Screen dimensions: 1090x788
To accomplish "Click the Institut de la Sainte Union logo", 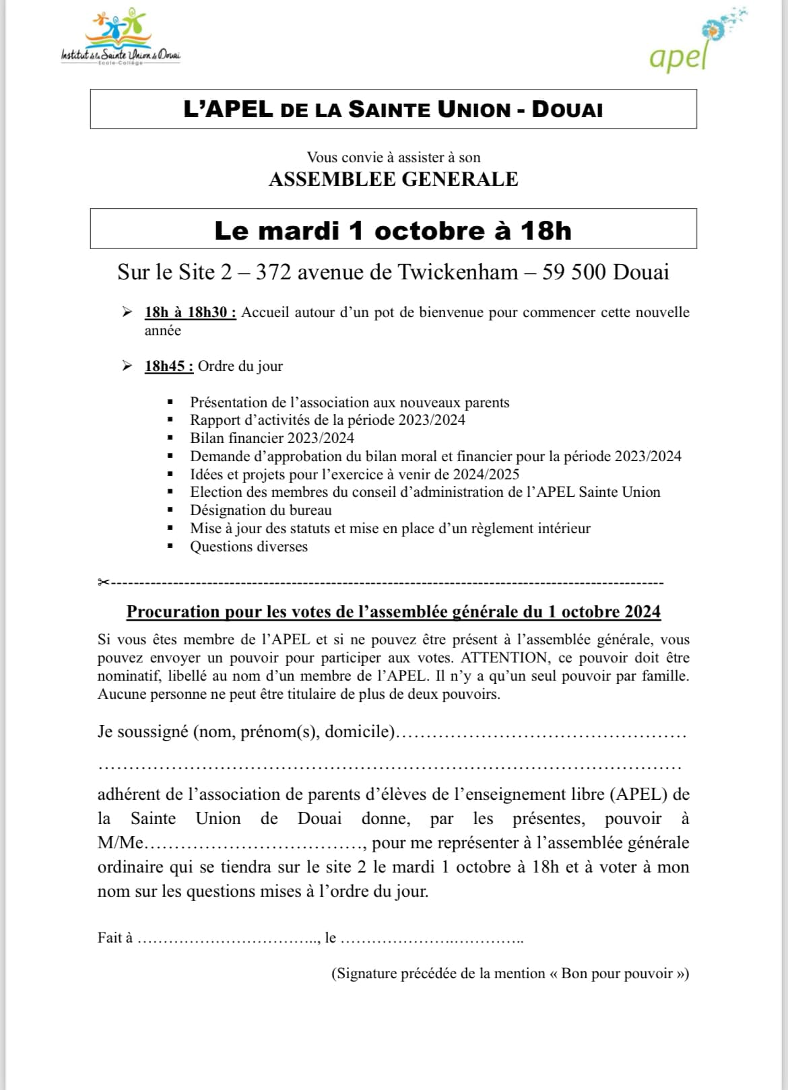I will [121, 40].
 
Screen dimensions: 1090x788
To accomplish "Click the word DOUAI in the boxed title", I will [567, 110].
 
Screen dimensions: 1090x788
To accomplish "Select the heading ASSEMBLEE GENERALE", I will [393, 179].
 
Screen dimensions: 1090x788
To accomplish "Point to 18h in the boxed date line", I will [546, 231].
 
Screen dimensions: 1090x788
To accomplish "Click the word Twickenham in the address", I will [458, 272].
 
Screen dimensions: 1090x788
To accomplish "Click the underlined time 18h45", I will [165, 366].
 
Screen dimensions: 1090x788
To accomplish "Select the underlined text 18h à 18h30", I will [190, 312].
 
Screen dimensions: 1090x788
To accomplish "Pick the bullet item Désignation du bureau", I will [261, 510].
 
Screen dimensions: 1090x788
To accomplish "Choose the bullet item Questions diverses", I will [249, 547].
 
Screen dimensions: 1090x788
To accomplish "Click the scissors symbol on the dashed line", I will [104, 582].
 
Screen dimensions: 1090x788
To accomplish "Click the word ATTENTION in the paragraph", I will [504, 658].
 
